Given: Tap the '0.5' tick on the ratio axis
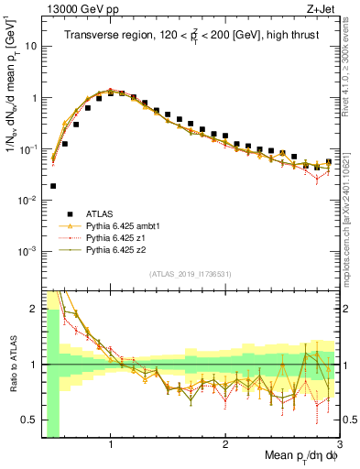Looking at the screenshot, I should [x=29, y=420].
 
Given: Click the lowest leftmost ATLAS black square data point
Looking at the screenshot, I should [x=54, y=185].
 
